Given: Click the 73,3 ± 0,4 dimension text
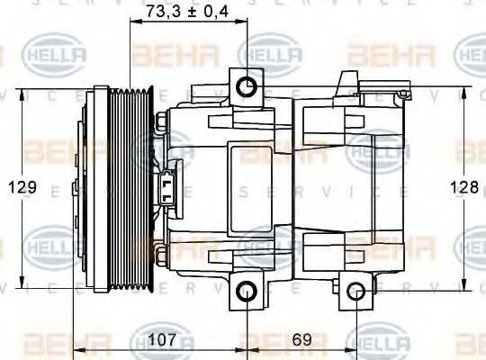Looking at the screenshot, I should tap(187, 11).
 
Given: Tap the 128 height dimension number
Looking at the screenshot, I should tap(463, 187).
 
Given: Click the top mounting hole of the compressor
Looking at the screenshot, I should tap(246, 86).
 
